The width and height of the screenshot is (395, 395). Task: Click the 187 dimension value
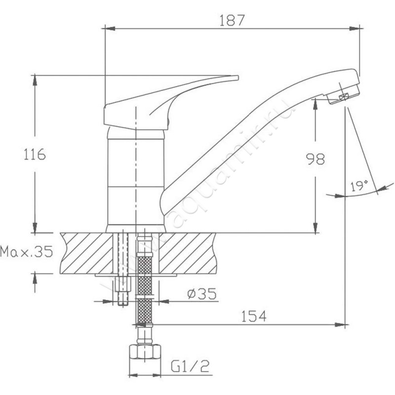click(x=232, y=20)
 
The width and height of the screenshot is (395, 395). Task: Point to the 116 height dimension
click(x=35, y=155)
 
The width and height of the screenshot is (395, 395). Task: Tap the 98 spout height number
click(x=315, y=159)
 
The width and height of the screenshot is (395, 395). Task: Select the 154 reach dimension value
click(x=253, y=316)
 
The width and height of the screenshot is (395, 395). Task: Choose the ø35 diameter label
click(x=202, y=294)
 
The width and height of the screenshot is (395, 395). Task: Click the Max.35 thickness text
click(x=27, y=251)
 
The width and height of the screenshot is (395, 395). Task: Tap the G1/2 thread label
click(x=190, y=366)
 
